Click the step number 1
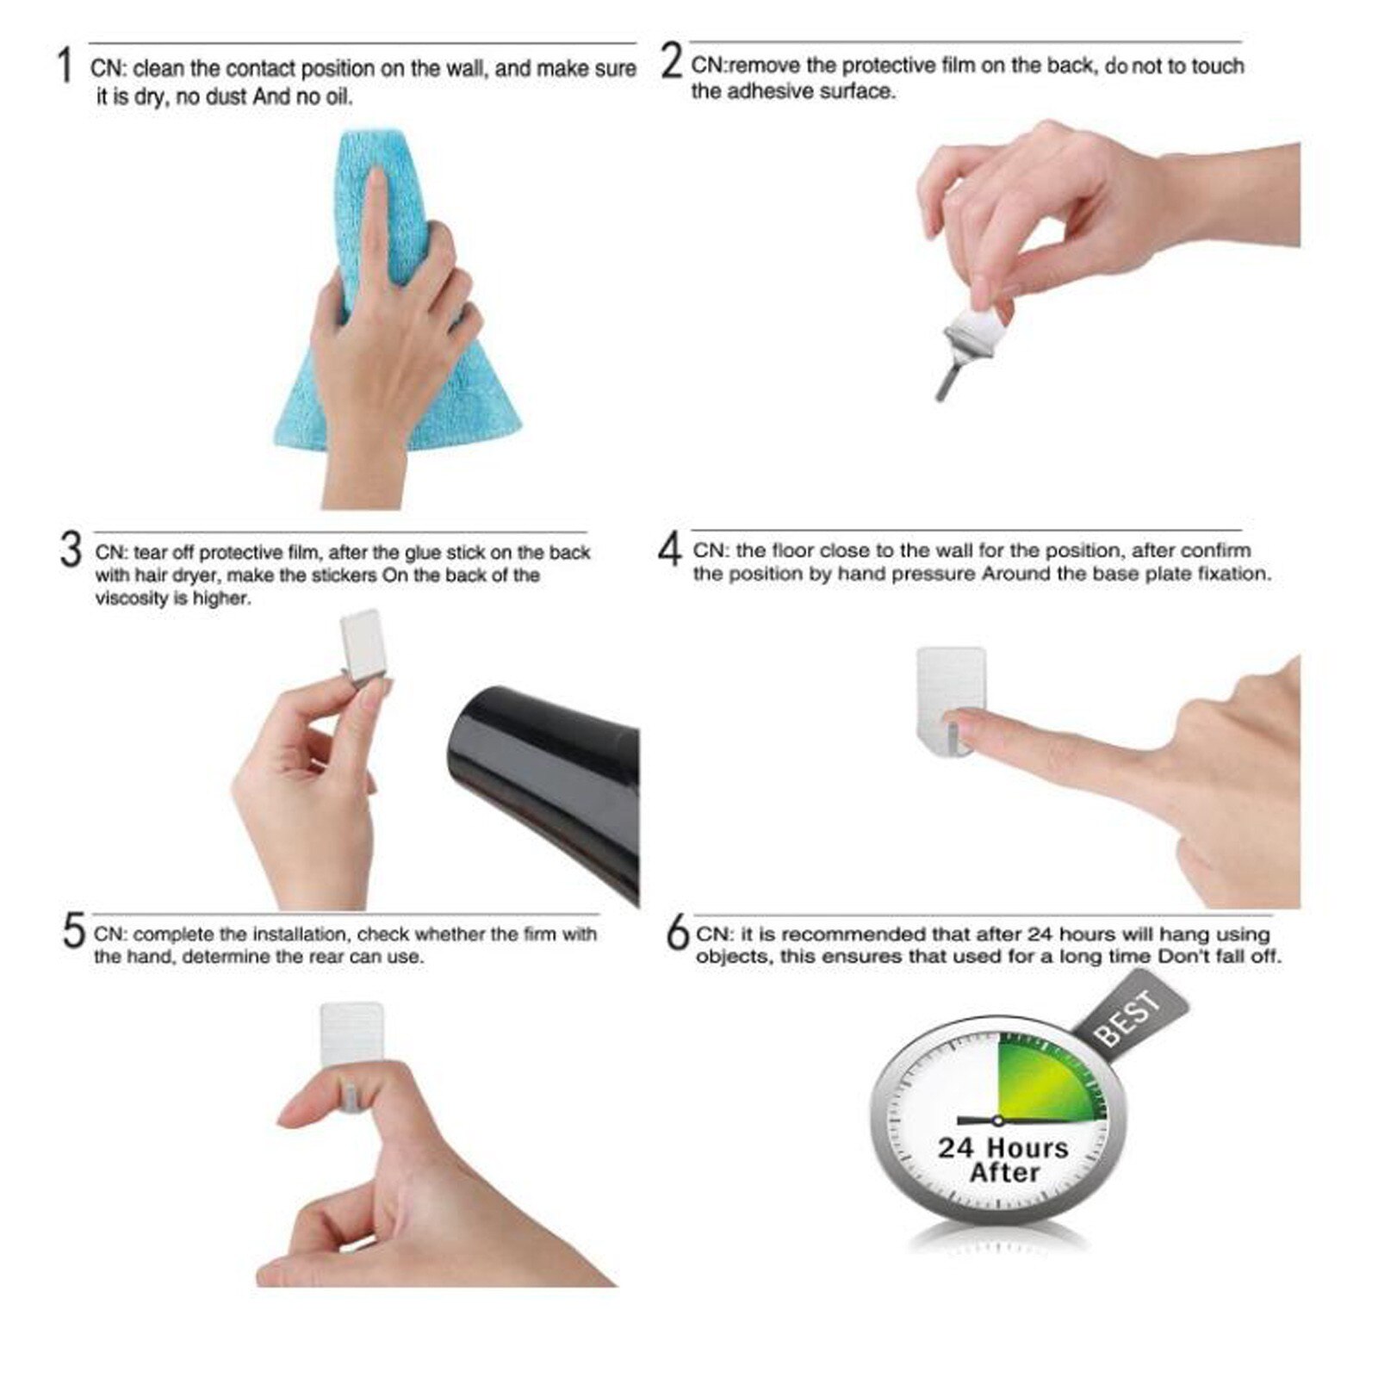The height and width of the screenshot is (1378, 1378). pyautogui.click(x=65, y=66)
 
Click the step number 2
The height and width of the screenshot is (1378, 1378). pyautogui.click(x=671, y=62)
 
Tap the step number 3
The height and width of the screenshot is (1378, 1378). pyautogui.click(x=71, y=550)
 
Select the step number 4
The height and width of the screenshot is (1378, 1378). pyautogui.click(x=670, y=549)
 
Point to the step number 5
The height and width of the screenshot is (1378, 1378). pyautogui.click(x=74, y=933)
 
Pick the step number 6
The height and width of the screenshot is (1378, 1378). pyautogui.click(x=679, y=934)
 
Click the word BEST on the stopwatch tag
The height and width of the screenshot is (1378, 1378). pyautogui.click(x=1128, y=1018)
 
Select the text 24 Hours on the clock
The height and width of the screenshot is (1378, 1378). pyautogui.click(x=1002, y=1148)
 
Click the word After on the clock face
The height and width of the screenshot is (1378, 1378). pyautogui.click(x=1004, y=1173)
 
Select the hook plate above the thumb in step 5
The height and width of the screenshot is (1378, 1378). pyautogui.click(x=351, y=1033)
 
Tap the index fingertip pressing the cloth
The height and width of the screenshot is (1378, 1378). pyautogui.click(x=375, y=181)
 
